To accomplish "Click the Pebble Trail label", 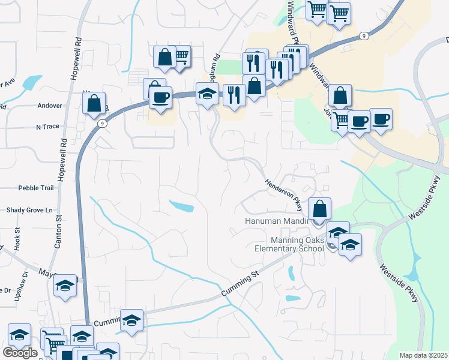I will click(x=36, y=188).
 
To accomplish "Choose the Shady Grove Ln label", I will click(x=29, y=211).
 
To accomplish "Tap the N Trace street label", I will click(x=48, y=127).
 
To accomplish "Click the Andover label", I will click(x=50, y=106).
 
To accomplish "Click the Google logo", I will click(x=20, y=353).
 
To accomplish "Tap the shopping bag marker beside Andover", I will click(x=94, y=104).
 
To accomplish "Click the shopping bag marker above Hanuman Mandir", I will click(x=320, y=209).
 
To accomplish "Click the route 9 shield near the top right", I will click(x=364, y=36).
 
